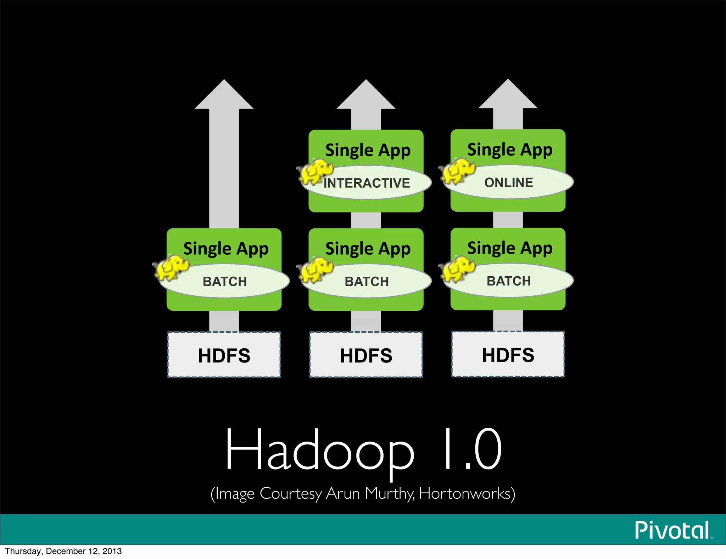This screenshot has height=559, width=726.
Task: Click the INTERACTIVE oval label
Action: (367, 183)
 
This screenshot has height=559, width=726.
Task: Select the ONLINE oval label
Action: (509, 182)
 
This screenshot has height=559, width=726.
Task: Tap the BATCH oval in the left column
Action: (225, 281)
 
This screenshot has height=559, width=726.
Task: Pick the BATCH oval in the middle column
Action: (367, 281)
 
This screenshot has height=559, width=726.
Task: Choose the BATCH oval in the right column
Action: (509, 281)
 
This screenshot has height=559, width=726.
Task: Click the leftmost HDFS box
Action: (224, 355)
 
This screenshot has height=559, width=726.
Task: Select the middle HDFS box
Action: (366, 355)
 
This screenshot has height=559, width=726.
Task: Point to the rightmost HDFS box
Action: (508, 354)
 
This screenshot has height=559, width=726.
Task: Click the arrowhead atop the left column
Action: (224, 95)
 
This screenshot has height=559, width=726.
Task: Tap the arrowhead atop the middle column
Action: (366, 95)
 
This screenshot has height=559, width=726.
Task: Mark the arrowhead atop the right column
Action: (508, 94)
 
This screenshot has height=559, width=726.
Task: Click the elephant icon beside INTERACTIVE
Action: (315, 172)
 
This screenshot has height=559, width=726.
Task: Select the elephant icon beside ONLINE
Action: (457, 171)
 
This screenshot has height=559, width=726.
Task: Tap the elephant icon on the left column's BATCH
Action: (171, 267)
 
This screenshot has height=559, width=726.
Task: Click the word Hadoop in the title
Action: (319, 450)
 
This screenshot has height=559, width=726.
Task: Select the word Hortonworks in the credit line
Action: (466, 494)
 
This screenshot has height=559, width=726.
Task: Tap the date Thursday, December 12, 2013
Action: (63, 551)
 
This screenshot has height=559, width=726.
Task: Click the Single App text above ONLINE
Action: (510, 150)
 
